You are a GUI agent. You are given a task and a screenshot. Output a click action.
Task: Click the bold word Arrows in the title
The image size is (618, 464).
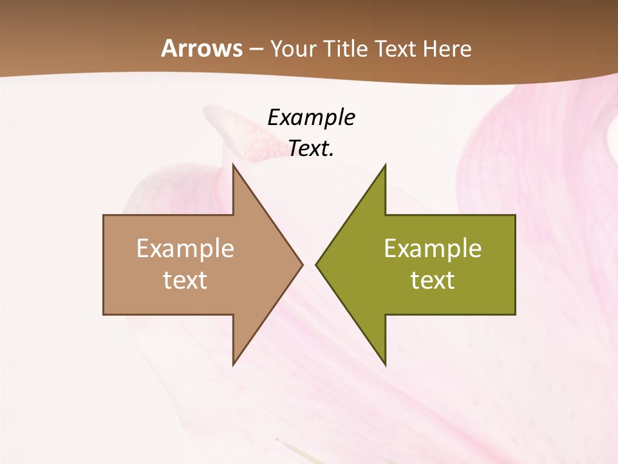click(x=201, y=48)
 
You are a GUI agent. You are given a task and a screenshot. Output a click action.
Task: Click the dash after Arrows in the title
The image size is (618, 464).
click(x=256, y=49)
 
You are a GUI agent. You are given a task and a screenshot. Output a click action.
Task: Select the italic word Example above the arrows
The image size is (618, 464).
click(x=311, y=118)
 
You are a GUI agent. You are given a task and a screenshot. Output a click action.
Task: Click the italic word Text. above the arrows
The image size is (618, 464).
click(x=311, y=149)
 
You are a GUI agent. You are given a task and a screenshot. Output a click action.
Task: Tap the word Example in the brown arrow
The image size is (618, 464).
click(x=185, y=249)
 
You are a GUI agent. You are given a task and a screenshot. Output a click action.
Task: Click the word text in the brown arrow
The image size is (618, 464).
click(x=185, y=280)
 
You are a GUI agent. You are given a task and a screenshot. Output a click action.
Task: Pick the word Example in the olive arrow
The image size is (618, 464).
click(x=433, y=249)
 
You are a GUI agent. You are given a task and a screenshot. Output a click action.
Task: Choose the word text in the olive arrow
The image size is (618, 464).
click(x=433, y=280)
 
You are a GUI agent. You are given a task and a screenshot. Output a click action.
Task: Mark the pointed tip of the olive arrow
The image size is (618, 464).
click(x=316, y=264)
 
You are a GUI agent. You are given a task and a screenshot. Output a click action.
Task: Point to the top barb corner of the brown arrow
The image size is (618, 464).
click(x=233, y=165)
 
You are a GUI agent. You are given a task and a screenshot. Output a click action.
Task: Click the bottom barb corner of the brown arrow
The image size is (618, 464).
click(x=233, y=365)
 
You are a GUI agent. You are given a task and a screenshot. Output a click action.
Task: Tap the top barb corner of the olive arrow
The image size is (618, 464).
click(x=385, y=165)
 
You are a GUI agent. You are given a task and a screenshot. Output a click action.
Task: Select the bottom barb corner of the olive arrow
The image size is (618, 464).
click(x=385, y=365)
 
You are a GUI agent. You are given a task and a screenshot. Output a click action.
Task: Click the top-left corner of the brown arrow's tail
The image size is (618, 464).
click(x=104, y=215)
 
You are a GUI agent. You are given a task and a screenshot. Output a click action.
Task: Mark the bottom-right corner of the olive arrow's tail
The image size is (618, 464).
click(x=515, y=314)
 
